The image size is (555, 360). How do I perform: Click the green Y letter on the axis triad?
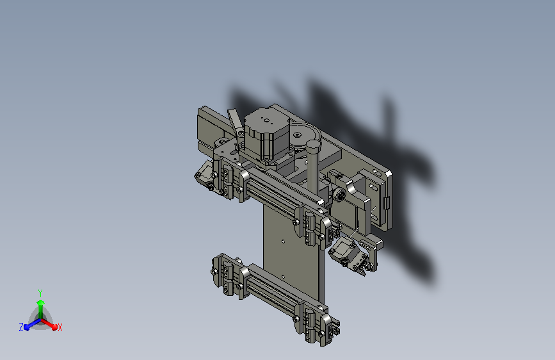click(x=40, y=292)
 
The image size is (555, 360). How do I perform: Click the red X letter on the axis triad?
click(x=60, y=327)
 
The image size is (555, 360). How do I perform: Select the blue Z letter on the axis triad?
click(x=21, y=327)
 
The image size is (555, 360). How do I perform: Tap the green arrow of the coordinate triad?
click(x=40, y=305)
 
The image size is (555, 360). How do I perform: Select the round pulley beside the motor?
click(x=301, y=135)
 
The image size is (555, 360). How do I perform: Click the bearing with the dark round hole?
click(x=341, y=193)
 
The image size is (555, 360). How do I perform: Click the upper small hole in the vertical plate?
click(x=284, y=242)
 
